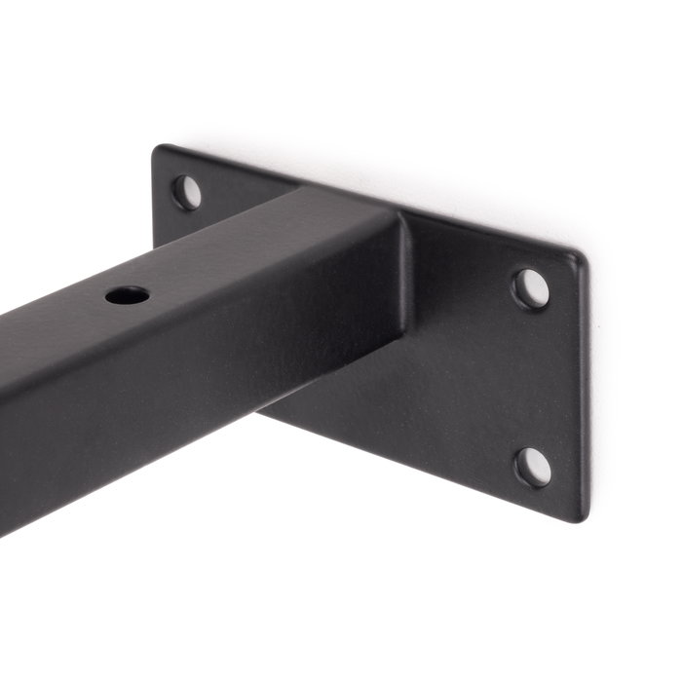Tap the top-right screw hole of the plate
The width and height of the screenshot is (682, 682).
click(x=531, y=289)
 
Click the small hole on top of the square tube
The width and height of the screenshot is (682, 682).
click(x=129, y=293)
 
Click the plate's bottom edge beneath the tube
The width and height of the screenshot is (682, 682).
click(x=409, y=458)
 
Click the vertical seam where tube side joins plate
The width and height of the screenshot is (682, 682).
click(x=403, y=283)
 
